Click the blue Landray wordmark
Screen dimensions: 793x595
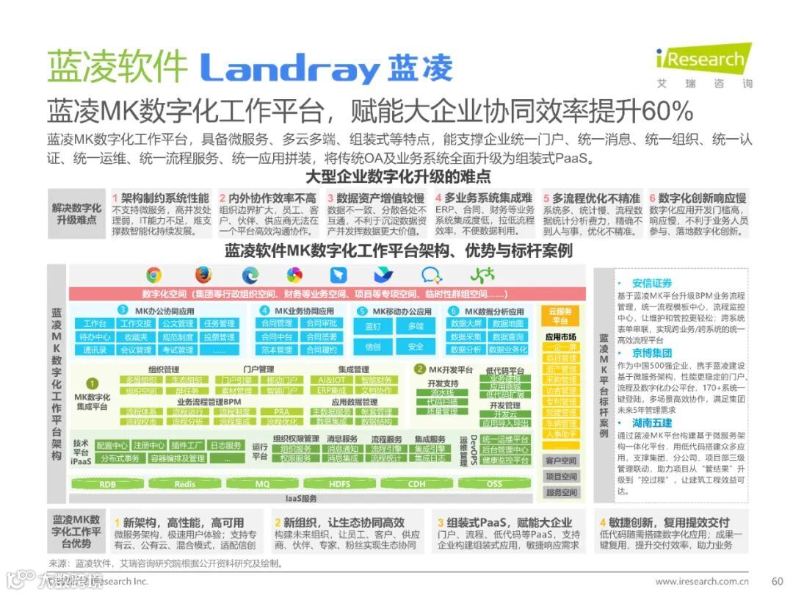pos(290,68)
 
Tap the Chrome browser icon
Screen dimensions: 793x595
pos(153,275)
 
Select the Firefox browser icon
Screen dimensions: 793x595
pos(203,275)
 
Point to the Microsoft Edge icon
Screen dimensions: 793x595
pos(250,275)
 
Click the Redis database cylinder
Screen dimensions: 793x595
pos(184,484)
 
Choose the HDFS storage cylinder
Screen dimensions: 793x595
pos(339,484)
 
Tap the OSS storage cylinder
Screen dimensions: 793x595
pos(494,484)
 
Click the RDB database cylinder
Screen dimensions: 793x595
pos(107,484)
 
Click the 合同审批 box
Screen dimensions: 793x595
pos(322,324)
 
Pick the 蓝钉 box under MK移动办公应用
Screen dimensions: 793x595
pos(373,326)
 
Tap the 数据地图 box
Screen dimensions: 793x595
pos(508,324)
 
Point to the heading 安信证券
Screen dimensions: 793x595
pos(652,283)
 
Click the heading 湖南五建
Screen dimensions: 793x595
pos(652,424)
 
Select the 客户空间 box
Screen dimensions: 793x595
pos(561,461)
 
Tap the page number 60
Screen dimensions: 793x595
pos(777,580)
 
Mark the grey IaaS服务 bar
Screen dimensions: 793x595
pos(301,499)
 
